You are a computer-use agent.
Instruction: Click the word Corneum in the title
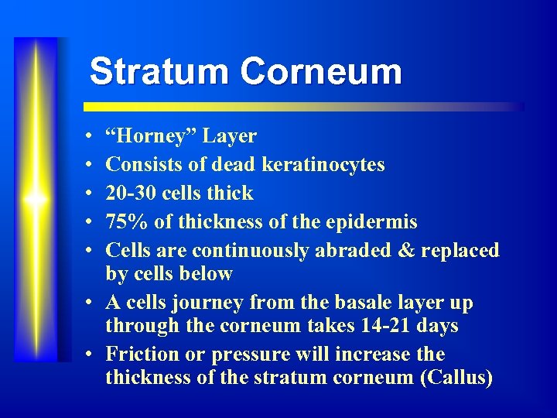pyautogui.click(x=320, y=72)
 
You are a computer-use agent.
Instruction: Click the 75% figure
pyautogui.click(x=127, y=222)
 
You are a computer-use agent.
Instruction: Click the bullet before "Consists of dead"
pyautogui.click(x=91, y=165)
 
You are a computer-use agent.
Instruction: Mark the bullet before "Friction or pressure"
pyautogui.click(x=91, y=355)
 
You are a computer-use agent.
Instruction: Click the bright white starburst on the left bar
pyautogui.click(x=36, y=199)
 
